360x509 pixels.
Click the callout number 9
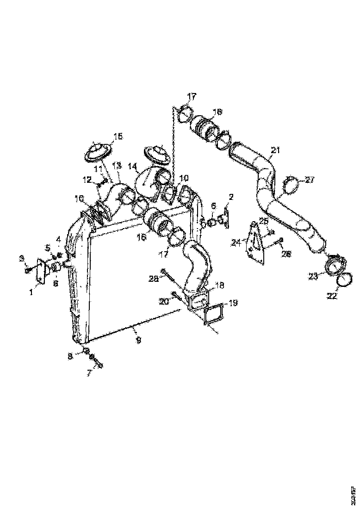138,340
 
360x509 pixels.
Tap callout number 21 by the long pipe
276,150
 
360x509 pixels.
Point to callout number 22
332,296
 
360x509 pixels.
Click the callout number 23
313,276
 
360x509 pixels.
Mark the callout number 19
233,303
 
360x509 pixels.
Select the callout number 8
70,356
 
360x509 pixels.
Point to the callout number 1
31,292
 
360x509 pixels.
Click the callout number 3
21,257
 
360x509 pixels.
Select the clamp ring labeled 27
291,185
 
